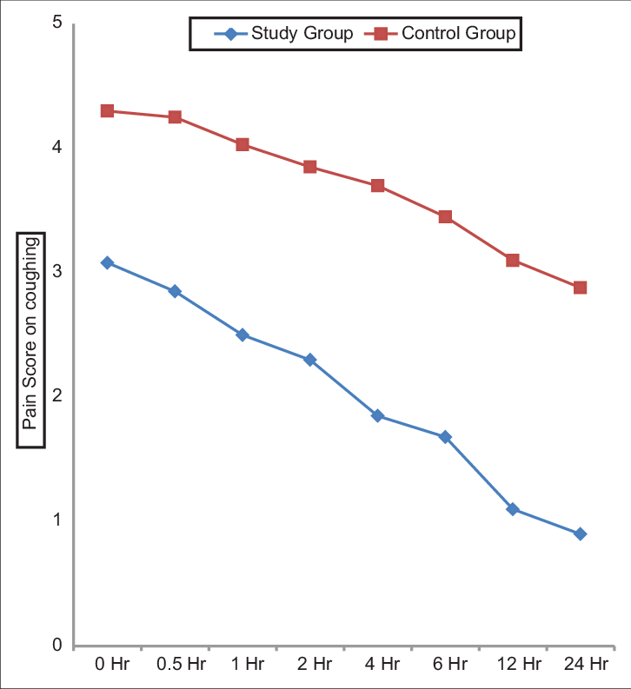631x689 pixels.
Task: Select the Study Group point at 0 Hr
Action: (107, 262)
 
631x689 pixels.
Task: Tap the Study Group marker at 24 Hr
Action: (581, 533)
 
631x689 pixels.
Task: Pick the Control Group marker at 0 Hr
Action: (107, 111)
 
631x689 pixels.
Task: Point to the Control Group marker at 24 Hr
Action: (581, 288)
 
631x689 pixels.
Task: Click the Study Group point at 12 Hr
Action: (513, 509)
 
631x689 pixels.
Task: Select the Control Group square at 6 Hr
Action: (445, 216)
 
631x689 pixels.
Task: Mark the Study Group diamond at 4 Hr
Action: (377, 415)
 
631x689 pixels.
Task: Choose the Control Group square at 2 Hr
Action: (310, 167)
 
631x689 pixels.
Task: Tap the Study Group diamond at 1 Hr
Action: (242, 335)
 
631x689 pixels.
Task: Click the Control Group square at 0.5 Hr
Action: (175, 117)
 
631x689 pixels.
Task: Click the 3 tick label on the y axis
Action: (56, 271)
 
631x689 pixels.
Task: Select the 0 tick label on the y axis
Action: (56, 646)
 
